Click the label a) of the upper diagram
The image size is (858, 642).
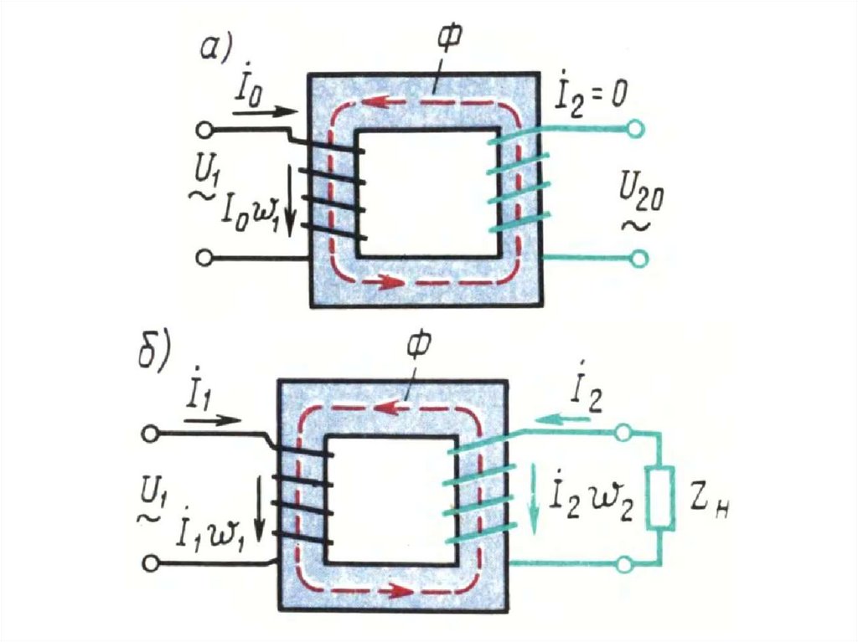tap(214, 48)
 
